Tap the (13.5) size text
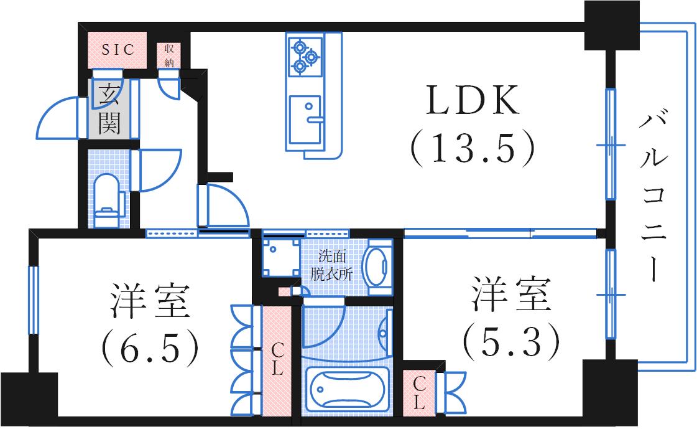coord(472,147)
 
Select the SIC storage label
coord(118,49)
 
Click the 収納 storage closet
coord(169,55)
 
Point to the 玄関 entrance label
coord(109,109)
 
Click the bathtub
coord(346,389)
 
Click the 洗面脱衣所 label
coord(331,265)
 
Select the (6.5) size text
coord(150,347)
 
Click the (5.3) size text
coord(510,342)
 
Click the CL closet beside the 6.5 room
coord(277,361)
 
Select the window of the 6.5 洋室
coord(34,300)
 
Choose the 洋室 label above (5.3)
coord(511,294)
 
